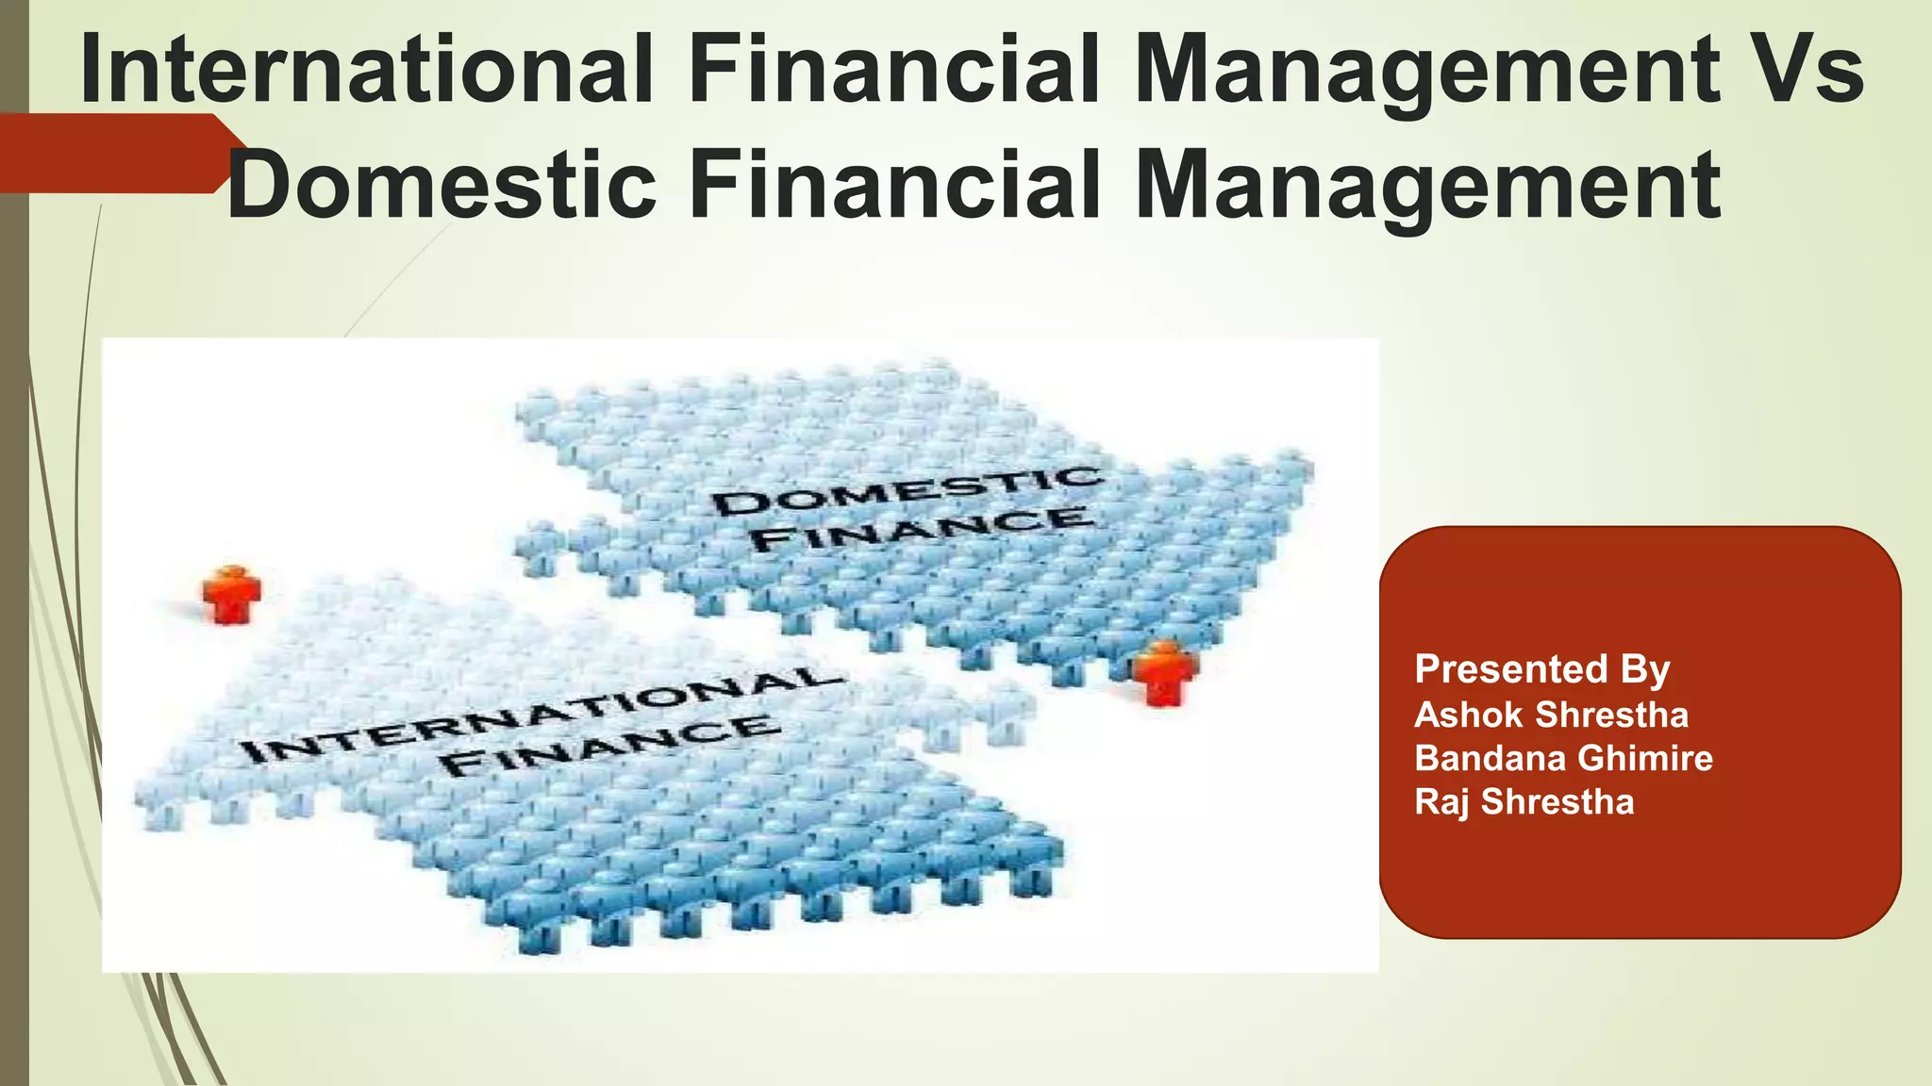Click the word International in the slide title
(x=366, y=70)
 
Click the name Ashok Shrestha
(x=1551, y=715)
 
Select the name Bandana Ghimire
(x=1563, y=758)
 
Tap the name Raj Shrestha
(x=1524, y=801)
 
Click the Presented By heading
(x=1542, y=669)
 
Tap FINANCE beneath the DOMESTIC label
(x=923, y=530)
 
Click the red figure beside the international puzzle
(x=230, y=594)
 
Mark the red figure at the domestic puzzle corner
(x=1165, y=672)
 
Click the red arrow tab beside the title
(x=113, y=154)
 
